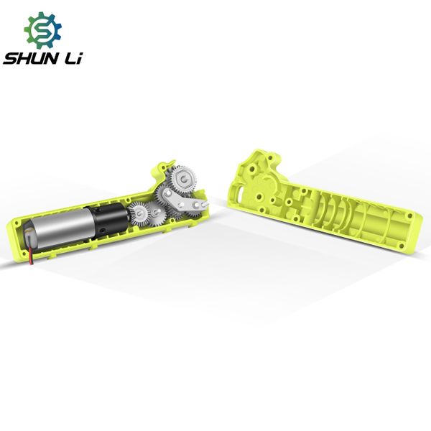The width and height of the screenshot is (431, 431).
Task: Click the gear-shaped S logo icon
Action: pyautogui.click(x=43, y=30)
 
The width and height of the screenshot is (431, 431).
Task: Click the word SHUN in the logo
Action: pyautogui.click(x=31, y=59)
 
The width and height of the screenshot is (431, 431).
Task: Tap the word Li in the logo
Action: pyautogui.click(x=73, y=59)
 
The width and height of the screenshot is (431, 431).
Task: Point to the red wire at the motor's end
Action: pyautogui.click(x=31, y=256)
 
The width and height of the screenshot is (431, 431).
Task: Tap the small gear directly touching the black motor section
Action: pyautogui.click(x=138, y=213)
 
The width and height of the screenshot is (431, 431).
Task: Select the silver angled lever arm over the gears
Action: pyautogui.click(x=185, y=200)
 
